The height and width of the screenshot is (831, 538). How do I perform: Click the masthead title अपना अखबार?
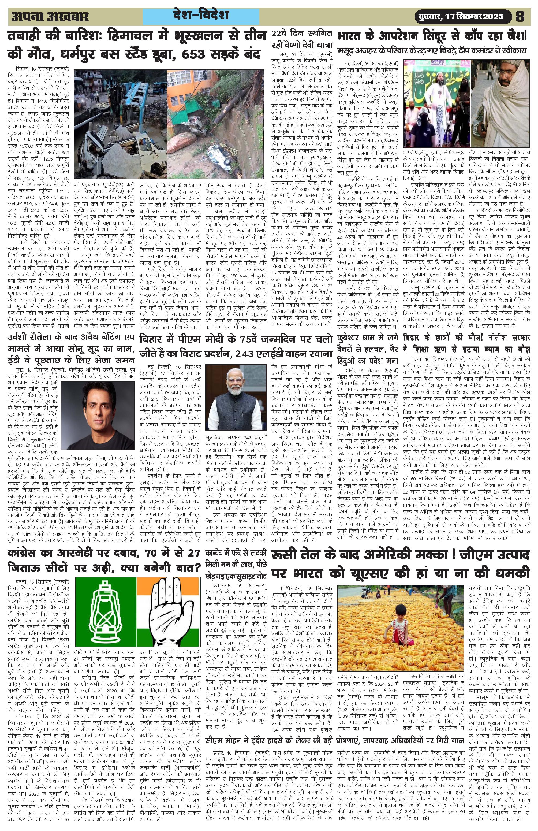pos(50,17)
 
